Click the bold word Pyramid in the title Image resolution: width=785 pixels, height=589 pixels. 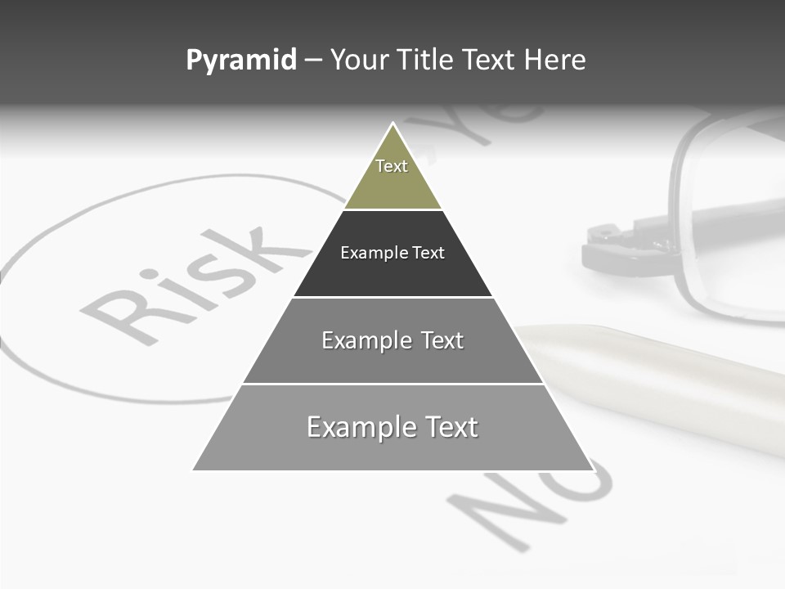[241, 61]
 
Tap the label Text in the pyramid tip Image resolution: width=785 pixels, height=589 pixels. [392, 166]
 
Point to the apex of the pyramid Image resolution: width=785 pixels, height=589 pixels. [393, 124]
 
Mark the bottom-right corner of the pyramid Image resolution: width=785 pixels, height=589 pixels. [592, 470]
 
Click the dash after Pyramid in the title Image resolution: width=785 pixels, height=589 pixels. [313, 61]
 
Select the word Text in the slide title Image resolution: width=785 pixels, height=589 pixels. [488, 61]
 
